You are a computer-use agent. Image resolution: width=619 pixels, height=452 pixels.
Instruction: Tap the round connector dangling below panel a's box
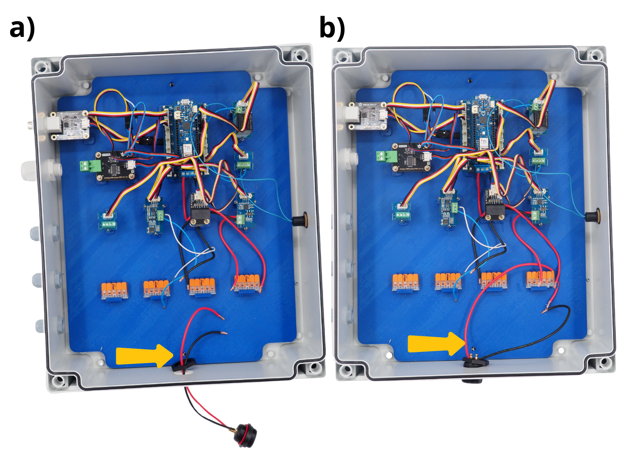click(244, 434)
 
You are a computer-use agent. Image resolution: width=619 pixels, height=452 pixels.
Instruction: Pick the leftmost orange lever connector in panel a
click(114, 291)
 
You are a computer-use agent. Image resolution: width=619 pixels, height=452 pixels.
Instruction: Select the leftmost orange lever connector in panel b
click(405, 282)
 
